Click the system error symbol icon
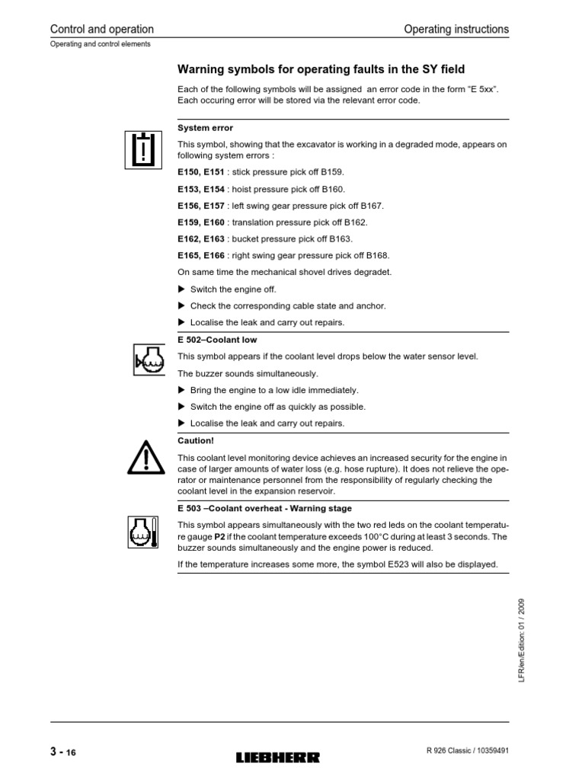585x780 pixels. point(144,149)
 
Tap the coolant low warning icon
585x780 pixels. point(144,359)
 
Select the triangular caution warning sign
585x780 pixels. point(144,457)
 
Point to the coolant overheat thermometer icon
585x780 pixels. point(144,530)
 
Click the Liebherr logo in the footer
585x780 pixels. point(279,757)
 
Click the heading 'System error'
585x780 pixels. point(205,128)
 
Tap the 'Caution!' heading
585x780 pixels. point(196,440)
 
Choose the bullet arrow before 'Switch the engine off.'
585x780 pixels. point(181,289)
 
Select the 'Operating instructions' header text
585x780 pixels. point(456,29)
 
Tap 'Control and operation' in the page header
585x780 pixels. point(101,29)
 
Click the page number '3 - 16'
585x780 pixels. point(63,753)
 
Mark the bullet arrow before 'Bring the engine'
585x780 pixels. point(181,390)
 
